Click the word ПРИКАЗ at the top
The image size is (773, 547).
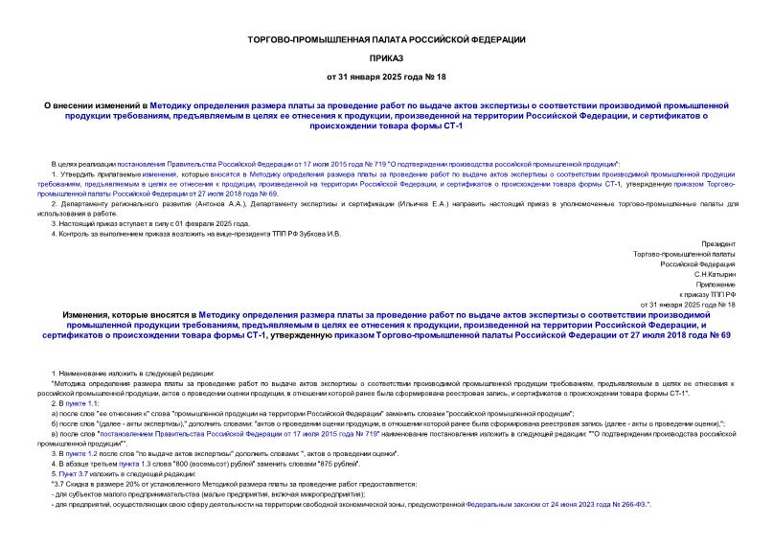point(386,57)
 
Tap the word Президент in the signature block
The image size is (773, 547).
point(717,244)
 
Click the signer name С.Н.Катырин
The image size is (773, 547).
point(715,274)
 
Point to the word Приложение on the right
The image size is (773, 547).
point(716,285)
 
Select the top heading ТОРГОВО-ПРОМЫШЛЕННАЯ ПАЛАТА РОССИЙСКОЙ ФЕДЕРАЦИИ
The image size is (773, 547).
point(386,38)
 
